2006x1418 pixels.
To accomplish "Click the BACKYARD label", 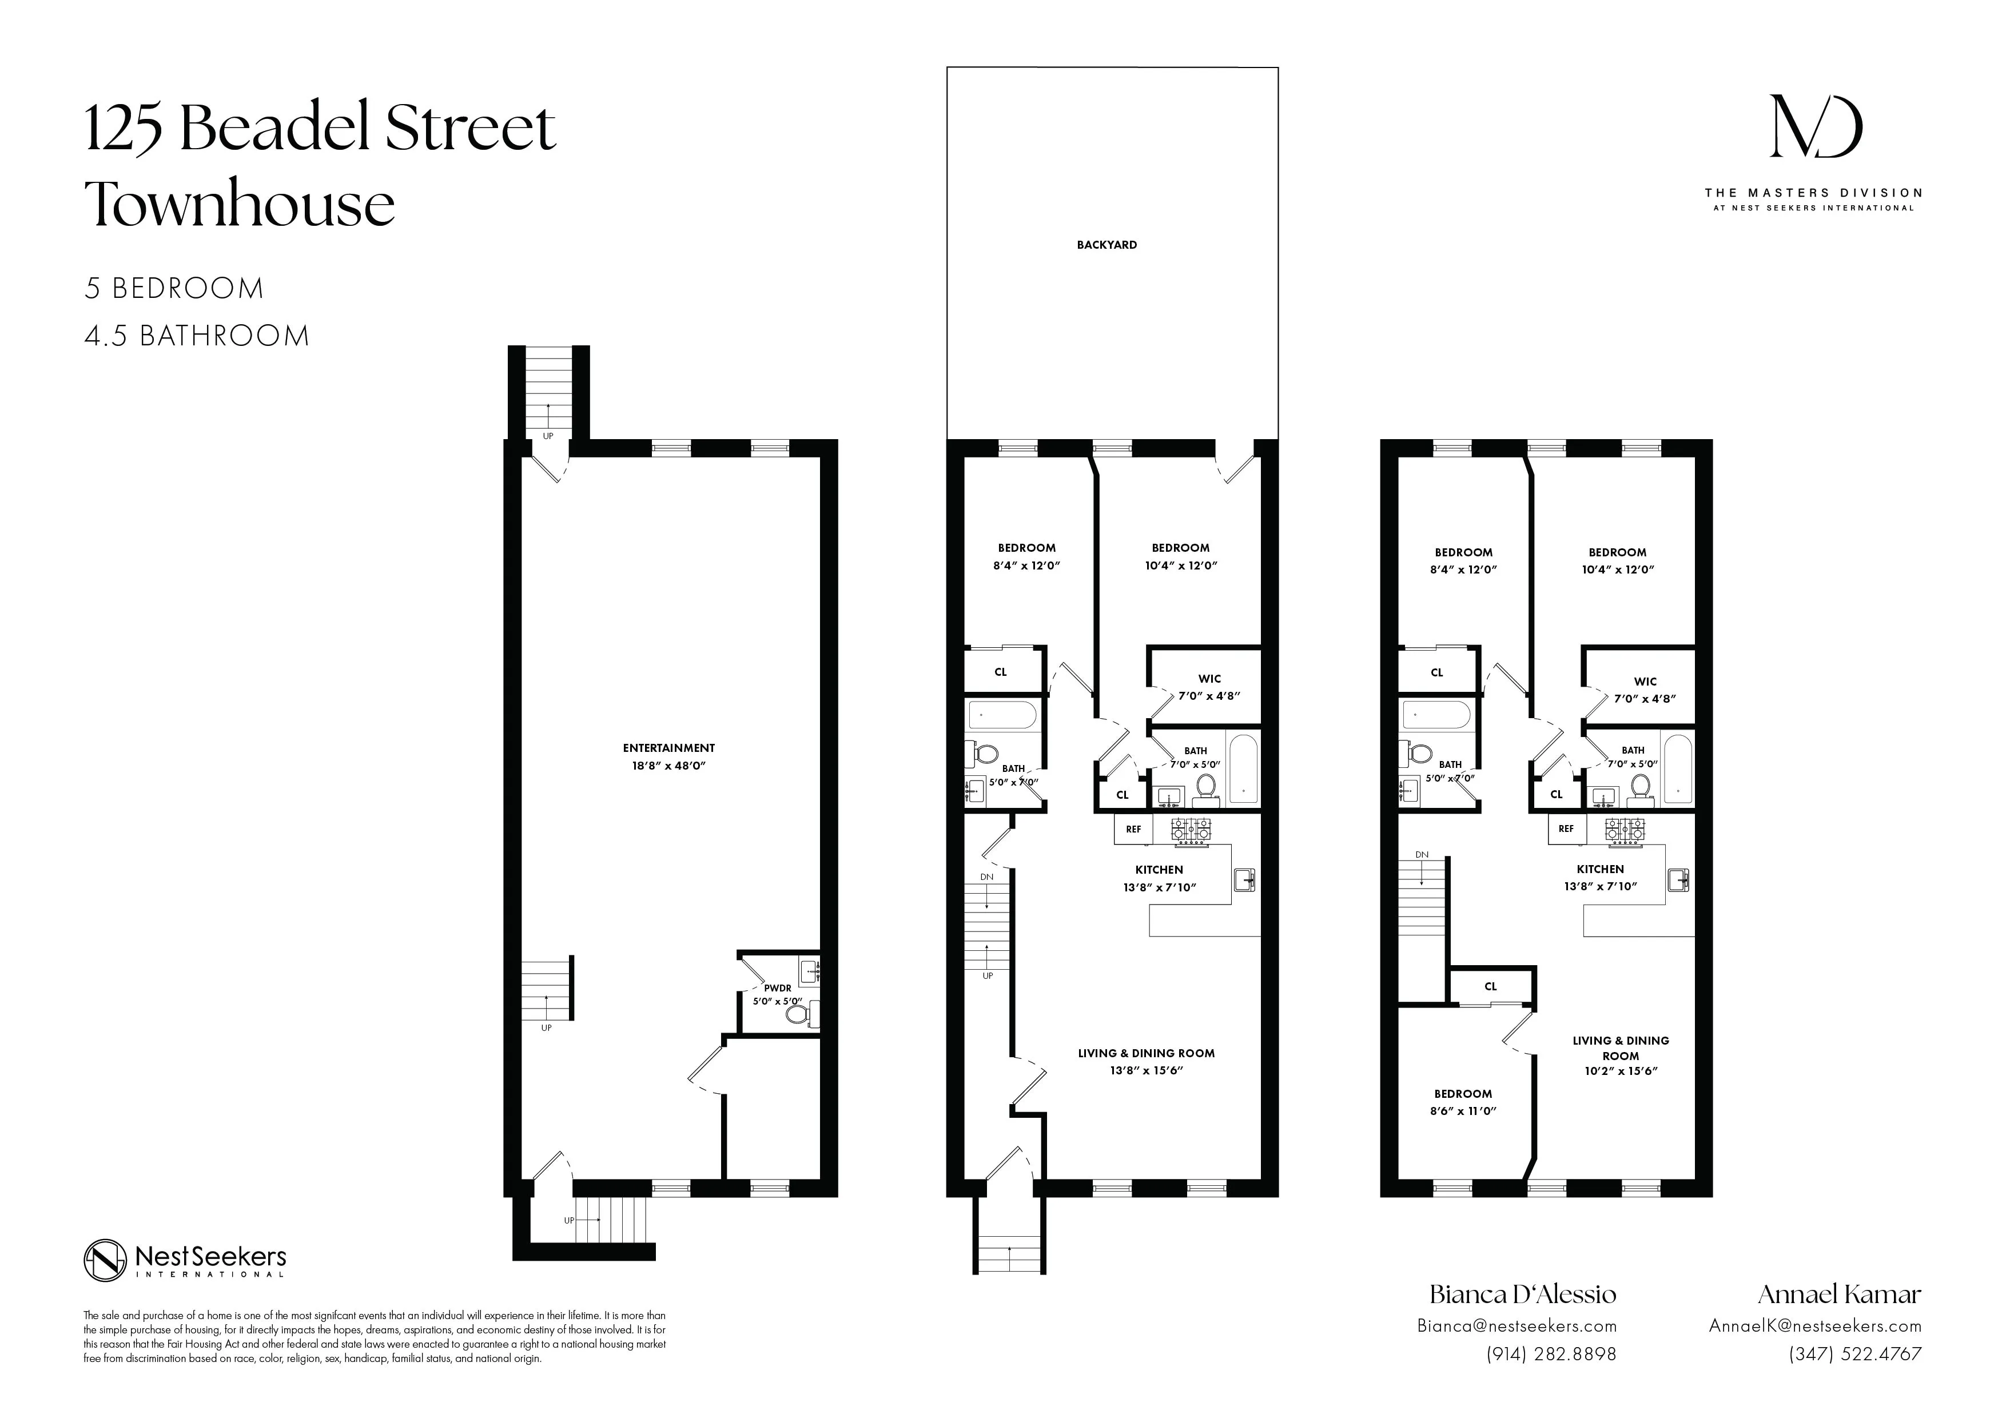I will (x=1106, y=245).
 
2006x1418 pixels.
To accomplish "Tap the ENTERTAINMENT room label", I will (x=668, y=748).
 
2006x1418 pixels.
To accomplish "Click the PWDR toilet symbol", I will (x=797, y=1014).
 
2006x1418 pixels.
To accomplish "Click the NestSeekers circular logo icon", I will (x=106, y=1261).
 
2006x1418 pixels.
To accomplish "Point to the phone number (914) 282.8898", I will (x=1551, y=1354).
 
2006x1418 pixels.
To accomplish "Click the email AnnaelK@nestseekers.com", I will (x=1814, y=1325).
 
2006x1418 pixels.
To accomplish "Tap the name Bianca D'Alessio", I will (x=1522, y=1294).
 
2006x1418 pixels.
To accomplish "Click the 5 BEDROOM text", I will (x=174, y=288).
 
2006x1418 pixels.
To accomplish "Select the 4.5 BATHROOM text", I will (x=197, y=336).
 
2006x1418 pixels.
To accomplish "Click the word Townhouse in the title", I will (x=240, y=204).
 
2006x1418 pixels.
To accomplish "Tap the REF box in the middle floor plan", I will (x=1133, y=829).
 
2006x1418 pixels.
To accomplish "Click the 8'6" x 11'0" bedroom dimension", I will (x=1463, y=1112).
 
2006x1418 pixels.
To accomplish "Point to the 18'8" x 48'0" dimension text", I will (x=668, y=766).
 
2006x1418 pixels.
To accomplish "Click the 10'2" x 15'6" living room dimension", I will (x=1621, y=1071).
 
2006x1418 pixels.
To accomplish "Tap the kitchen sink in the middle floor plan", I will (x=1245, y=880).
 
